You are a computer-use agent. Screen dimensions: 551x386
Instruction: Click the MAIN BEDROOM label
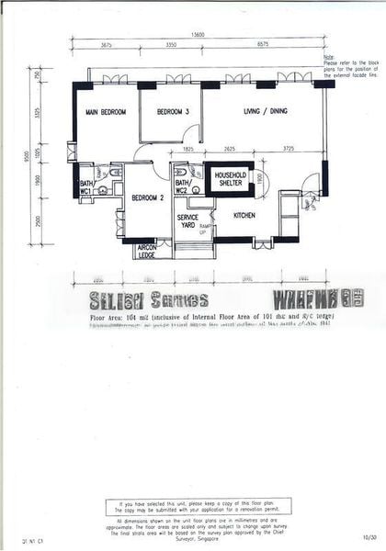(106, 113)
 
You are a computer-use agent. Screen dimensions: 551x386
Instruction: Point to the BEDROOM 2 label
(147, 197)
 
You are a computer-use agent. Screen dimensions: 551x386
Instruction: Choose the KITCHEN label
(244, 217)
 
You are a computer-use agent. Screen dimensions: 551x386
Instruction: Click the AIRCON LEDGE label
(146, 251)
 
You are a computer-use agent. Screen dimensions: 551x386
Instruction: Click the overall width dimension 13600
(198, 34)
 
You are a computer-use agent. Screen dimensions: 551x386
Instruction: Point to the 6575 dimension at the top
(263, 44)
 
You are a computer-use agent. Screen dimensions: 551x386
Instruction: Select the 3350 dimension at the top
(170, 44)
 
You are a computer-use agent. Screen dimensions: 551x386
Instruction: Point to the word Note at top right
(329, 57)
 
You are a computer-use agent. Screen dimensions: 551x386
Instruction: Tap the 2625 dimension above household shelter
(228, 148)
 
